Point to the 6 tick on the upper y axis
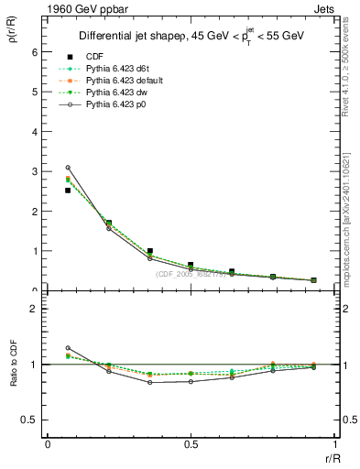(x=37, y=52)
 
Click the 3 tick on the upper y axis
(x=37, y=171)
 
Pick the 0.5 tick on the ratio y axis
(x=31, y=420)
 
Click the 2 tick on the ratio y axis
(x=37, y=309)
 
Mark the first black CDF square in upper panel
(x=68, y=191)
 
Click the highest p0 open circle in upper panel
(x=68, y=168)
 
